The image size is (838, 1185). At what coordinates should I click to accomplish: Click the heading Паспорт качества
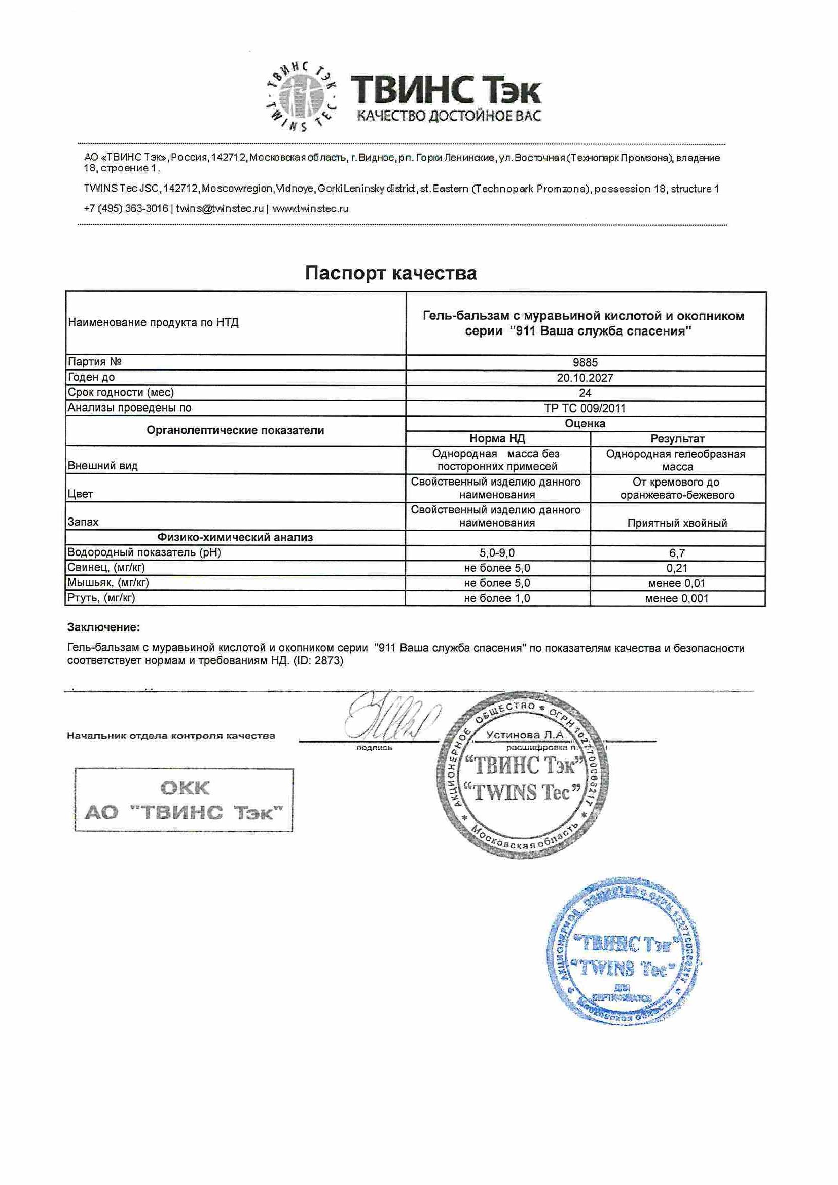pos(391,273)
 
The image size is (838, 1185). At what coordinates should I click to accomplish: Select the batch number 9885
pos(585,363)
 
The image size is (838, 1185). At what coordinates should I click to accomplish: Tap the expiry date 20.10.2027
pos(585,378)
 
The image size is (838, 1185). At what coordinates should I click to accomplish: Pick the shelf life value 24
pos(585,393)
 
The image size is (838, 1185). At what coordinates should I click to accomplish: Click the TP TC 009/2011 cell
pos(585,408)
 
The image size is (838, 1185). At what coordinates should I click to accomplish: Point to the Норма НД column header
pos(497,439)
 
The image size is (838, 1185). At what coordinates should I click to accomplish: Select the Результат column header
pos(677,439)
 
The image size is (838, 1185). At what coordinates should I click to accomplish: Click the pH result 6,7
pos(677,553)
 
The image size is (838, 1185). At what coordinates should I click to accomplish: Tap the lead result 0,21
pos(677,568)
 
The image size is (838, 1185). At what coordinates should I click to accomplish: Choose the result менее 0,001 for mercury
pos(677,598)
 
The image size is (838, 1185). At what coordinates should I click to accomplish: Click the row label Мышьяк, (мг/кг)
pos(108,583)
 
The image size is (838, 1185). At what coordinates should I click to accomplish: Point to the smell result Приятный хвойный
pos(677,523)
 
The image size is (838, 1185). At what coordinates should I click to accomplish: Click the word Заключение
pos(104,627)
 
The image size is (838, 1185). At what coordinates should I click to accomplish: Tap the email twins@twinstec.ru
pos(220,209)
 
